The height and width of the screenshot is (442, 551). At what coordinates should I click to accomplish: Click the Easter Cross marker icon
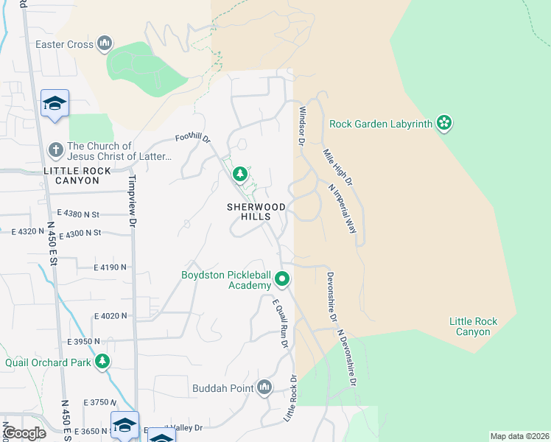(105, 44)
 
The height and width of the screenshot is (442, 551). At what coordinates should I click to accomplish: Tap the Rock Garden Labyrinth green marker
(443, 123)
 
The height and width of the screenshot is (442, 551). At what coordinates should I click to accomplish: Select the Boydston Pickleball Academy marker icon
(282, 280)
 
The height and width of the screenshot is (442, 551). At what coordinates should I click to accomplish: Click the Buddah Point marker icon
(264, 388)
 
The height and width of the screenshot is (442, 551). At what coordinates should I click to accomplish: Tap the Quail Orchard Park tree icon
(103, 362)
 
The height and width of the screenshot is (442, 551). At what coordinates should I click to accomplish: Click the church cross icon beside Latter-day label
(55, 151)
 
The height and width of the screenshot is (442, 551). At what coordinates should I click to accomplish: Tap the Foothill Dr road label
(193, 138)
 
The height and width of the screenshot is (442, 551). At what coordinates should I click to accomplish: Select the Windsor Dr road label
(301, 125)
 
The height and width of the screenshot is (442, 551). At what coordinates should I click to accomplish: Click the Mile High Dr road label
(338, 166)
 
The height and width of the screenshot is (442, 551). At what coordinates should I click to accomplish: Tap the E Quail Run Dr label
(279, 323)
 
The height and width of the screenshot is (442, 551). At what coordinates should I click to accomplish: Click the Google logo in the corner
(25, 433)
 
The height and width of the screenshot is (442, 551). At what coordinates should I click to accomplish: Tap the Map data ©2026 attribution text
(519, 436)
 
